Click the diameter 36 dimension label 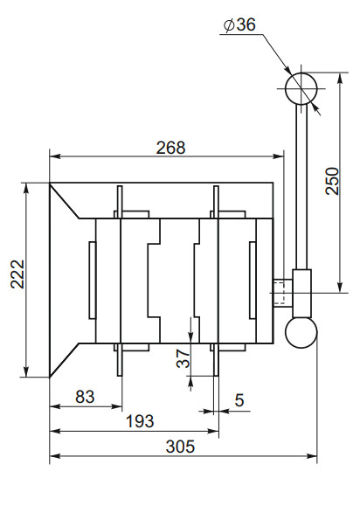[x=239, y=25]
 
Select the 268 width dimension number [x=170, y=148]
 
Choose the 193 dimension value [x=138, y=421]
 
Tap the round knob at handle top [x=301, y=88]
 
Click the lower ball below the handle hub [x=301, y=331]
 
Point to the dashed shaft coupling [x=282, y=292]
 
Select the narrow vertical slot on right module [x=253, y=281]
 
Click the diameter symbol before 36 [x=228, y=25]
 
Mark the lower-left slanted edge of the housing [x=66, y=360]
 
